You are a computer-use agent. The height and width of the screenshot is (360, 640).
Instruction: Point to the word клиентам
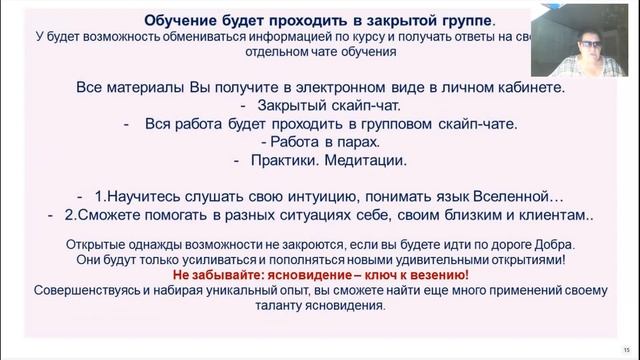tap(548, 215)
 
